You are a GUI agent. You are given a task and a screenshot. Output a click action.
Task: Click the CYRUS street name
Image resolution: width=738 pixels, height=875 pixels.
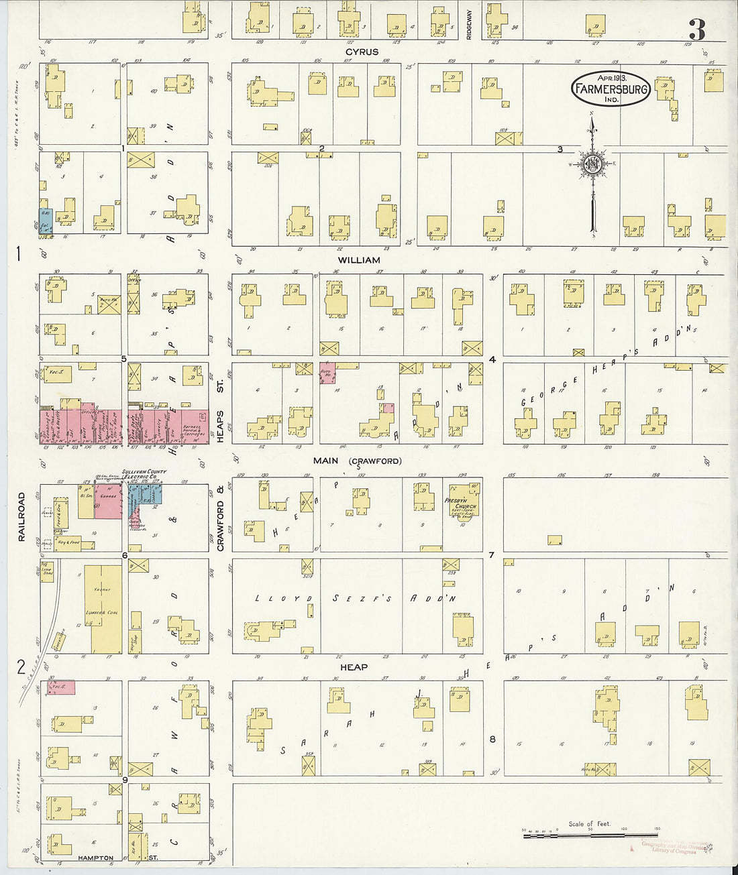point(362,52)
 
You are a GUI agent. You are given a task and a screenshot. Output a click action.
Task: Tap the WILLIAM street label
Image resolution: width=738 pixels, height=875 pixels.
point(359,260)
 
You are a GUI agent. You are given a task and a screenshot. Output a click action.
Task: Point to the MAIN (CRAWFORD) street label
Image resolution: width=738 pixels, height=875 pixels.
point(357,461)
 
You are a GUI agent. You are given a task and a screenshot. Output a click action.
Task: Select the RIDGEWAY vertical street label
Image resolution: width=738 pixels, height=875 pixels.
point(470,25)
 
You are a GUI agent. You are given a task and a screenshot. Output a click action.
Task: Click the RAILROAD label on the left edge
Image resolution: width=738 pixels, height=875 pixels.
point(21,516)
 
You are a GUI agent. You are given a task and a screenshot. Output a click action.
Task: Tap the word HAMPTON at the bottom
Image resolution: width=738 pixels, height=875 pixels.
point(95,858)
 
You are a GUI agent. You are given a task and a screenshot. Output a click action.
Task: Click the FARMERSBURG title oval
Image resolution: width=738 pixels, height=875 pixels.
point(611,89)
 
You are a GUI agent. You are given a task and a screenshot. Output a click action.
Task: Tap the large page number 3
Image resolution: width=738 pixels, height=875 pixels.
point(697,30)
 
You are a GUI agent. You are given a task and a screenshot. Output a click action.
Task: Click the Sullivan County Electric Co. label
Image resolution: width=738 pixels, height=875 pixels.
point(144,475)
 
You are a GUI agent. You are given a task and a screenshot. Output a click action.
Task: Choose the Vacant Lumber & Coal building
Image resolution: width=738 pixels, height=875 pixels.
point(106,609)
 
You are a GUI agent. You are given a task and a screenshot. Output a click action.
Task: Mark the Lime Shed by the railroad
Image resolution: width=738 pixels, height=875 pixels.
point(47,571)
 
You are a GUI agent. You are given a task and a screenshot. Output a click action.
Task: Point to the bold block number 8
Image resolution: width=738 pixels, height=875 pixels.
point(492,739)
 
